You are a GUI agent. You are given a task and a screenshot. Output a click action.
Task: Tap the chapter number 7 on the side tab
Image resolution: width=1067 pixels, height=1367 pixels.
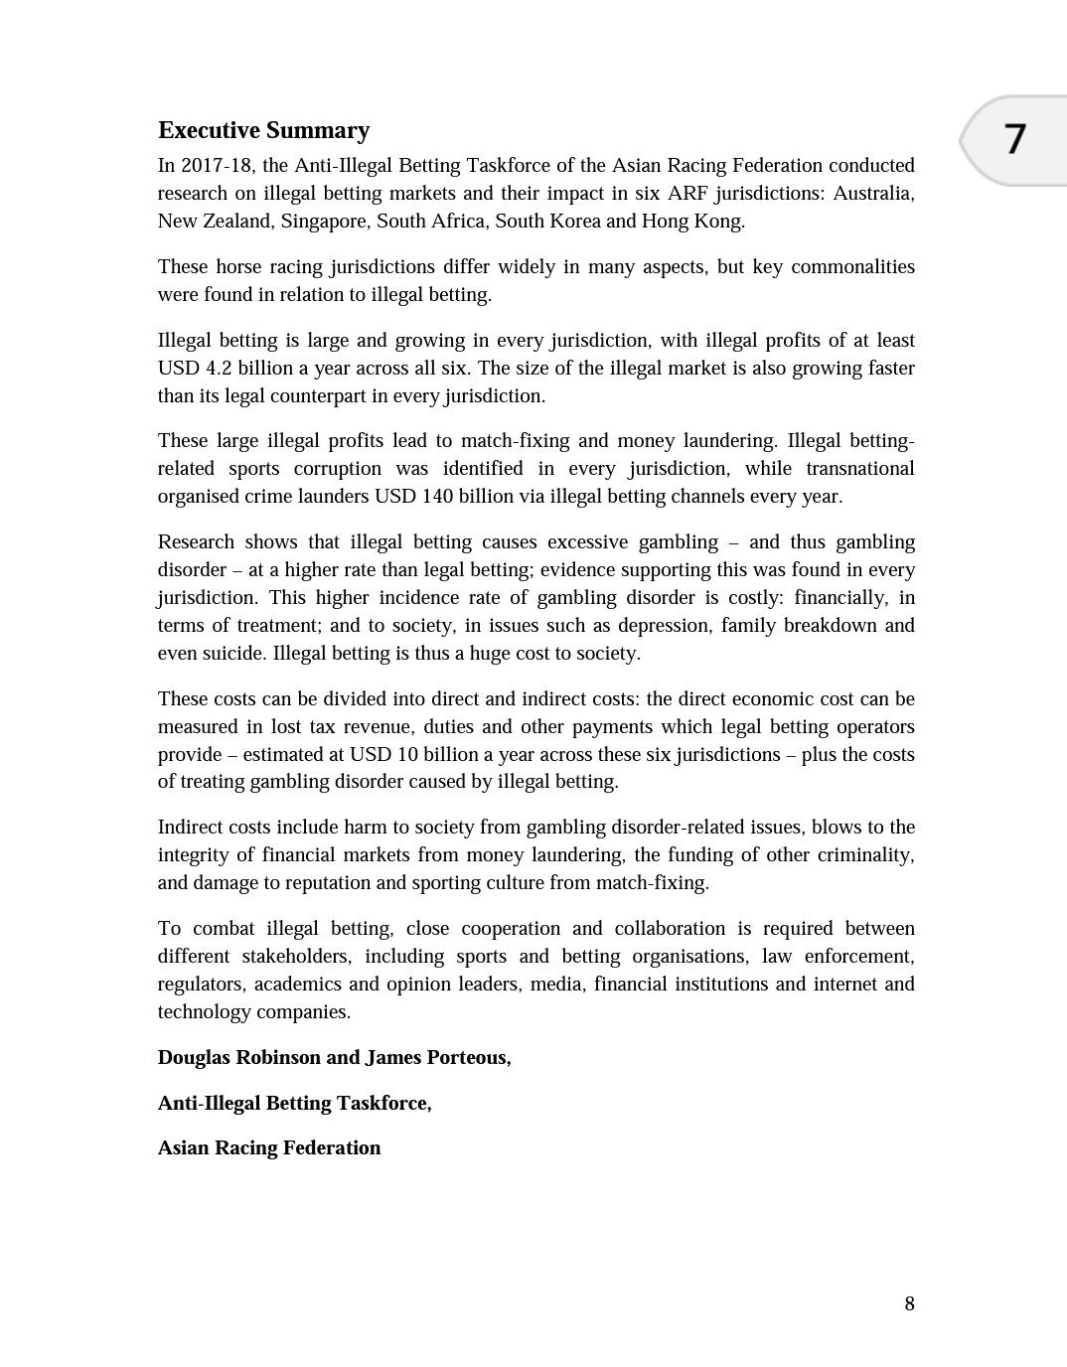coord(1014,139)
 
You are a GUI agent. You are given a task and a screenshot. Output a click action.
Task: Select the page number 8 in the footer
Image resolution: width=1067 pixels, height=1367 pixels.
coord(909,1303)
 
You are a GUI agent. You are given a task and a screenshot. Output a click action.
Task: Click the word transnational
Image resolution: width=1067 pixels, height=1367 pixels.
coord(859,468)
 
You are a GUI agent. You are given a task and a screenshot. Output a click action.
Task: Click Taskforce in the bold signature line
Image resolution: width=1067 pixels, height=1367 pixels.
coord(382,1103)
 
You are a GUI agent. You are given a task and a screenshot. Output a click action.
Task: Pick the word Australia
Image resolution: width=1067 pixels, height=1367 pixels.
coord(873,193)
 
